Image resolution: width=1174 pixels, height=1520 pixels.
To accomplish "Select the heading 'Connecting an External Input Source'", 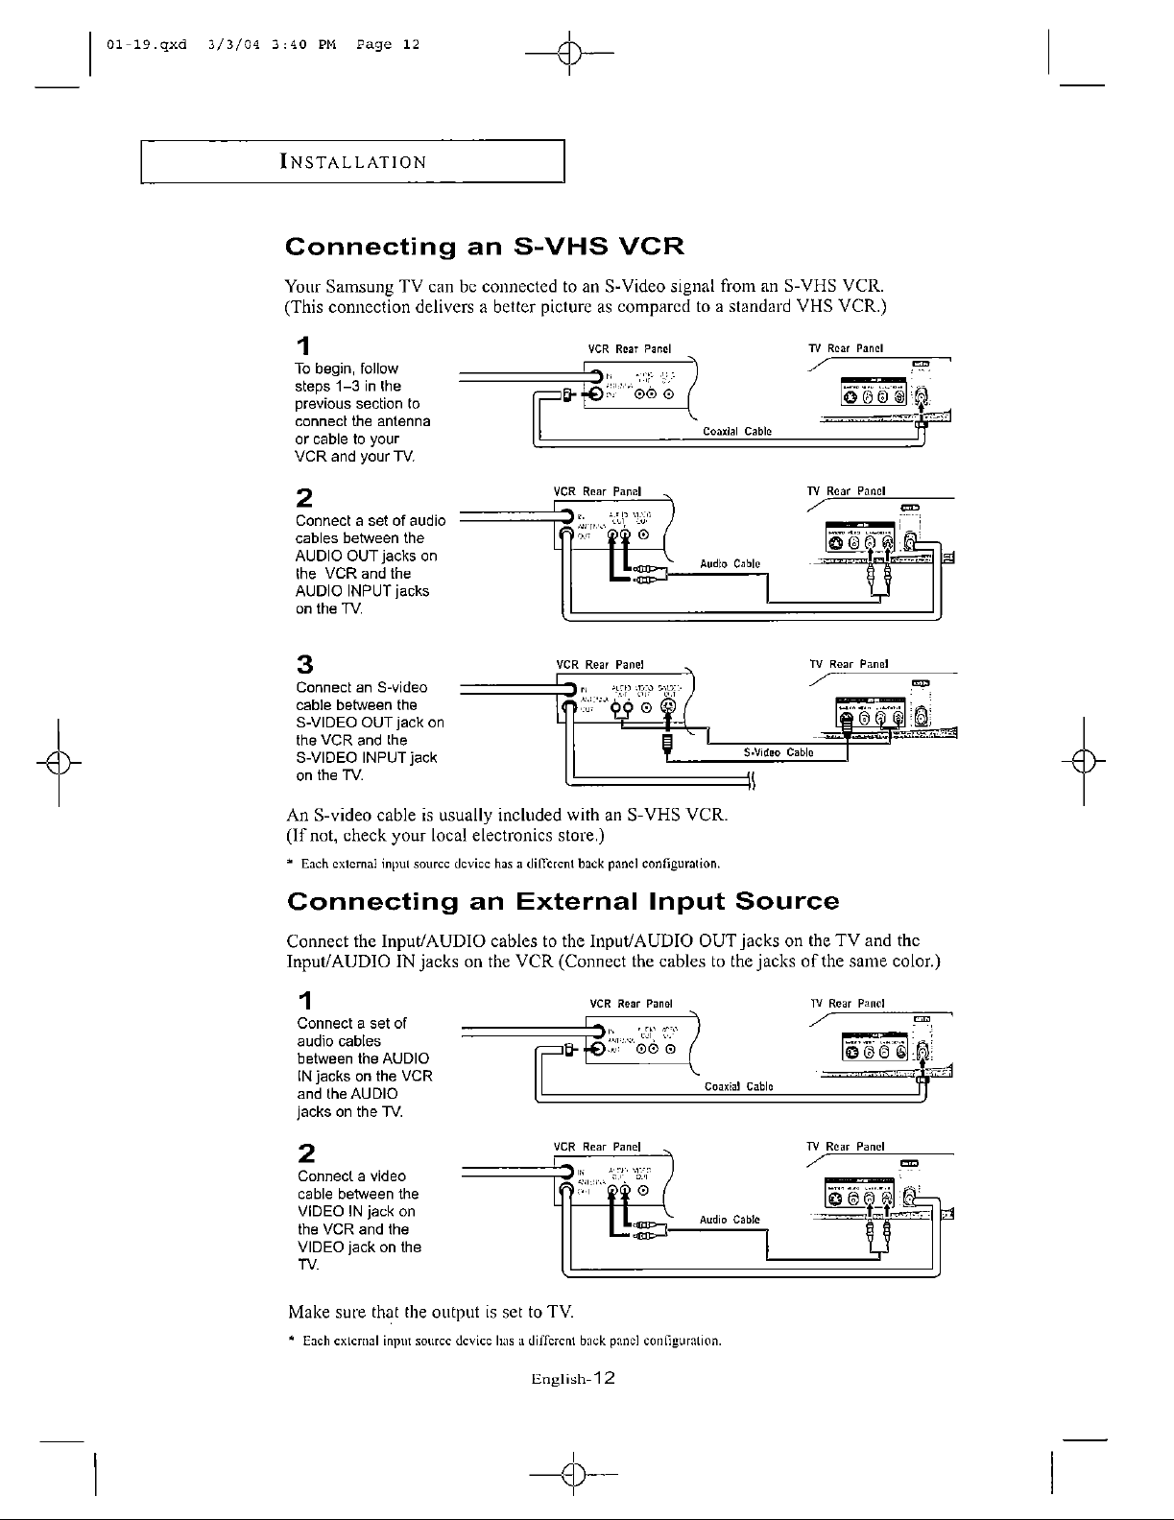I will click(563, 902).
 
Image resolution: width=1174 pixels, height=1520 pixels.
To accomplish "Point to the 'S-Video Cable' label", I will click(779, 752).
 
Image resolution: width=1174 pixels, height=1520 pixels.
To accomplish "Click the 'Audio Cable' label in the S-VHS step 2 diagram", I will click(730, 563).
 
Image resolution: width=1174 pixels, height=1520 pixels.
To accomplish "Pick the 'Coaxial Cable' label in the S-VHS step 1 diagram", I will click(737, 431).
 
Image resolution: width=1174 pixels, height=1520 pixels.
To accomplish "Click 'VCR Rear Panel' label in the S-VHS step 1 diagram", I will click(629, 347).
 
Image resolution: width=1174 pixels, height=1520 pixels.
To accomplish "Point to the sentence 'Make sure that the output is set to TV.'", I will click(431, 1311).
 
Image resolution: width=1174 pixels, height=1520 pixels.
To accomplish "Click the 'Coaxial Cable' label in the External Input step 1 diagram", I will click(739, 1087).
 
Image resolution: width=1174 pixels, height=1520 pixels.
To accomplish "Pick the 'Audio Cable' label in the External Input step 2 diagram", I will click(730, 1220).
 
